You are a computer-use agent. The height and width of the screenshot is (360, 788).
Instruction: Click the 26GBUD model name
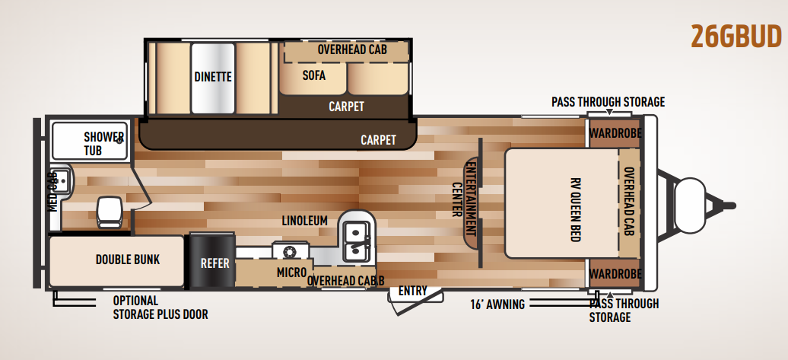tap(736, 37)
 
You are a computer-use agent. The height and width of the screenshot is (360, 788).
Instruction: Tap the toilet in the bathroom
tap(110, 212)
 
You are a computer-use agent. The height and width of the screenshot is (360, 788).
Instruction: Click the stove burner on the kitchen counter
tap(291, 251)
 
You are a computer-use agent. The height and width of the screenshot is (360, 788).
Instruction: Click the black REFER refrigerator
tap(212, 260)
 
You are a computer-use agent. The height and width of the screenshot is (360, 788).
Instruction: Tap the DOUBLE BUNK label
tap(128, 260)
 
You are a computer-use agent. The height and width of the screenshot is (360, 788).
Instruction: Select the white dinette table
tap(213, 78)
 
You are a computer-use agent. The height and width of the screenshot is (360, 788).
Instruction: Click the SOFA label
tap(314, 75)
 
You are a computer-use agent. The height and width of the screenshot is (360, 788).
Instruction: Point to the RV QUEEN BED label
tap(576, 209)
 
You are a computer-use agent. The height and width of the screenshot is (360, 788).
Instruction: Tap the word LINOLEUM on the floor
tap(304, 221)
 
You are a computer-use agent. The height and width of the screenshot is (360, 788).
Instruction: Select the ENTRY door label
tap(412, 291)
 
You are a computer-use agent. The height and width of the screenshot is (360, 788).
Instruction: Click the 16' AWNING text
tap(497, 304)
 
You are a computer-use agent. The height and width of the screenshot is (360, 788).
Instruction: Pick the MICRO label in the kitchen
tap(291, 272)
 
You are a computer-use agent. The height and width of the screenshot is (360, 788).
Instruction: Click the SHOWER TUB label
tap(103, 143)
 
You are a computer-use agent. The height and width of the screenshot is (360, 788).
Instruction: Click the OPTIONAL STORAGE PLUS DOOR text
tap(160, 307)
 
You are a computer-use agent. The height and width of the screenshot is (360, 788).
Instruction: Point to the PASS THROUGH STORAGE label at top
tap(608, 102)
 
